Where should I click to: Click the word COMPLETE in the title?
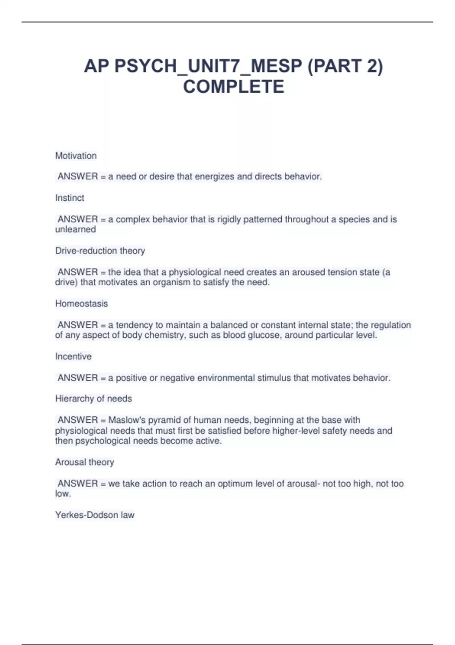pos(234,87)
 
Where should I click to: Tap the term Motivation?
pos(76,156)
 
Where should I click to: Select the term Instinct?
pos(70,198)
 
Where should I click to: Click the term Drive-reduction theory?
pos(100,250)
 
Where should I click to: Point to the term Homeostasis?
pos(82,304)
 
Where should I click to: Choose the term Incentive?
pos(74,356)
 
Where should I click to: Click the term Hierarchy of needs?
pos(94,398)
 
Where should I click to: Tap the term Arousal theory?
pos(85,462)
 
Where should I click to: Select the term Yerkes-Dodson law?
pos(95,515)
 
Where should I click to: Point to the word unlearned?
pos(75,230)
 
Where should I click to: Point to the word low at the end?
pos(63,494)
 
